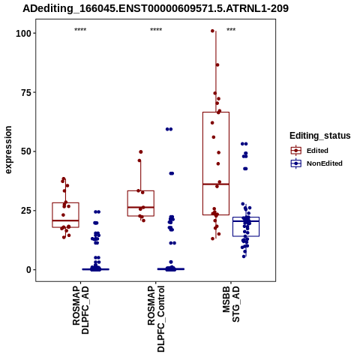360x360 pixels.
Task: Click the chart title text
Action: (x=155, y=8)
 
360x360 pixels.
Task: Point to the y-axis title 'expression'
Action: (x=8, y=150)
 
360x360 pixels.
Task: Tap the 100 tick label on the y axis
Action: (x=24, y=33)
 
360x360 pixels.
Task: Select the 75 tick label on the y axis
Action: (x=26, y=92)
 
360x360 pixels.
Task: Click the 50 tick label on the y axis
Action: (x=26, y=151)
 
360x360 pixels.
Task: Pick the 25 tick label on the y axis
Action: (x=26, y=211)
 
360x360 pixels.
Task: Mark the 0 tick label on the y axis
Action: (x=29, y=270)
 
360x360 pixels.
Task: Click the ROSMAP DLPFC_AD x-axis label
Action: (x=80, y=310)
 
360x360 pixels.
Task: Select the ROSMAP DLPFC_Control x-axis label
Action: (x=156, y=319)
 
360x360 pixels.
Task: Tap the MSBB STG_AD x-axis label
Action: (x=231, y=304)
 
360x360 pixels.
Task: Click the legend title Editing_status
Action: (x=320, y=136)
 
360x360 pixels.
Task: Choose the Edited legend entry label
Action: (x=317, y=151)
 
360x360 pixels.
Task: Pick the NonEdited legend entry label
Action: (x=325, y=163)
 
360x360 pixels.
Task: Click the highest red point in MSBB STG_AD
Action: (x=212, y=31)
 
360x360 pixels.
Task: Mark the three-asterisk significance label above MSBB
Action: (x=231, y=30)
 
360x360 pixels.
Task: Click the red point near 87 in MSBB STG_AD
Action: (x=217, y=65)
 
